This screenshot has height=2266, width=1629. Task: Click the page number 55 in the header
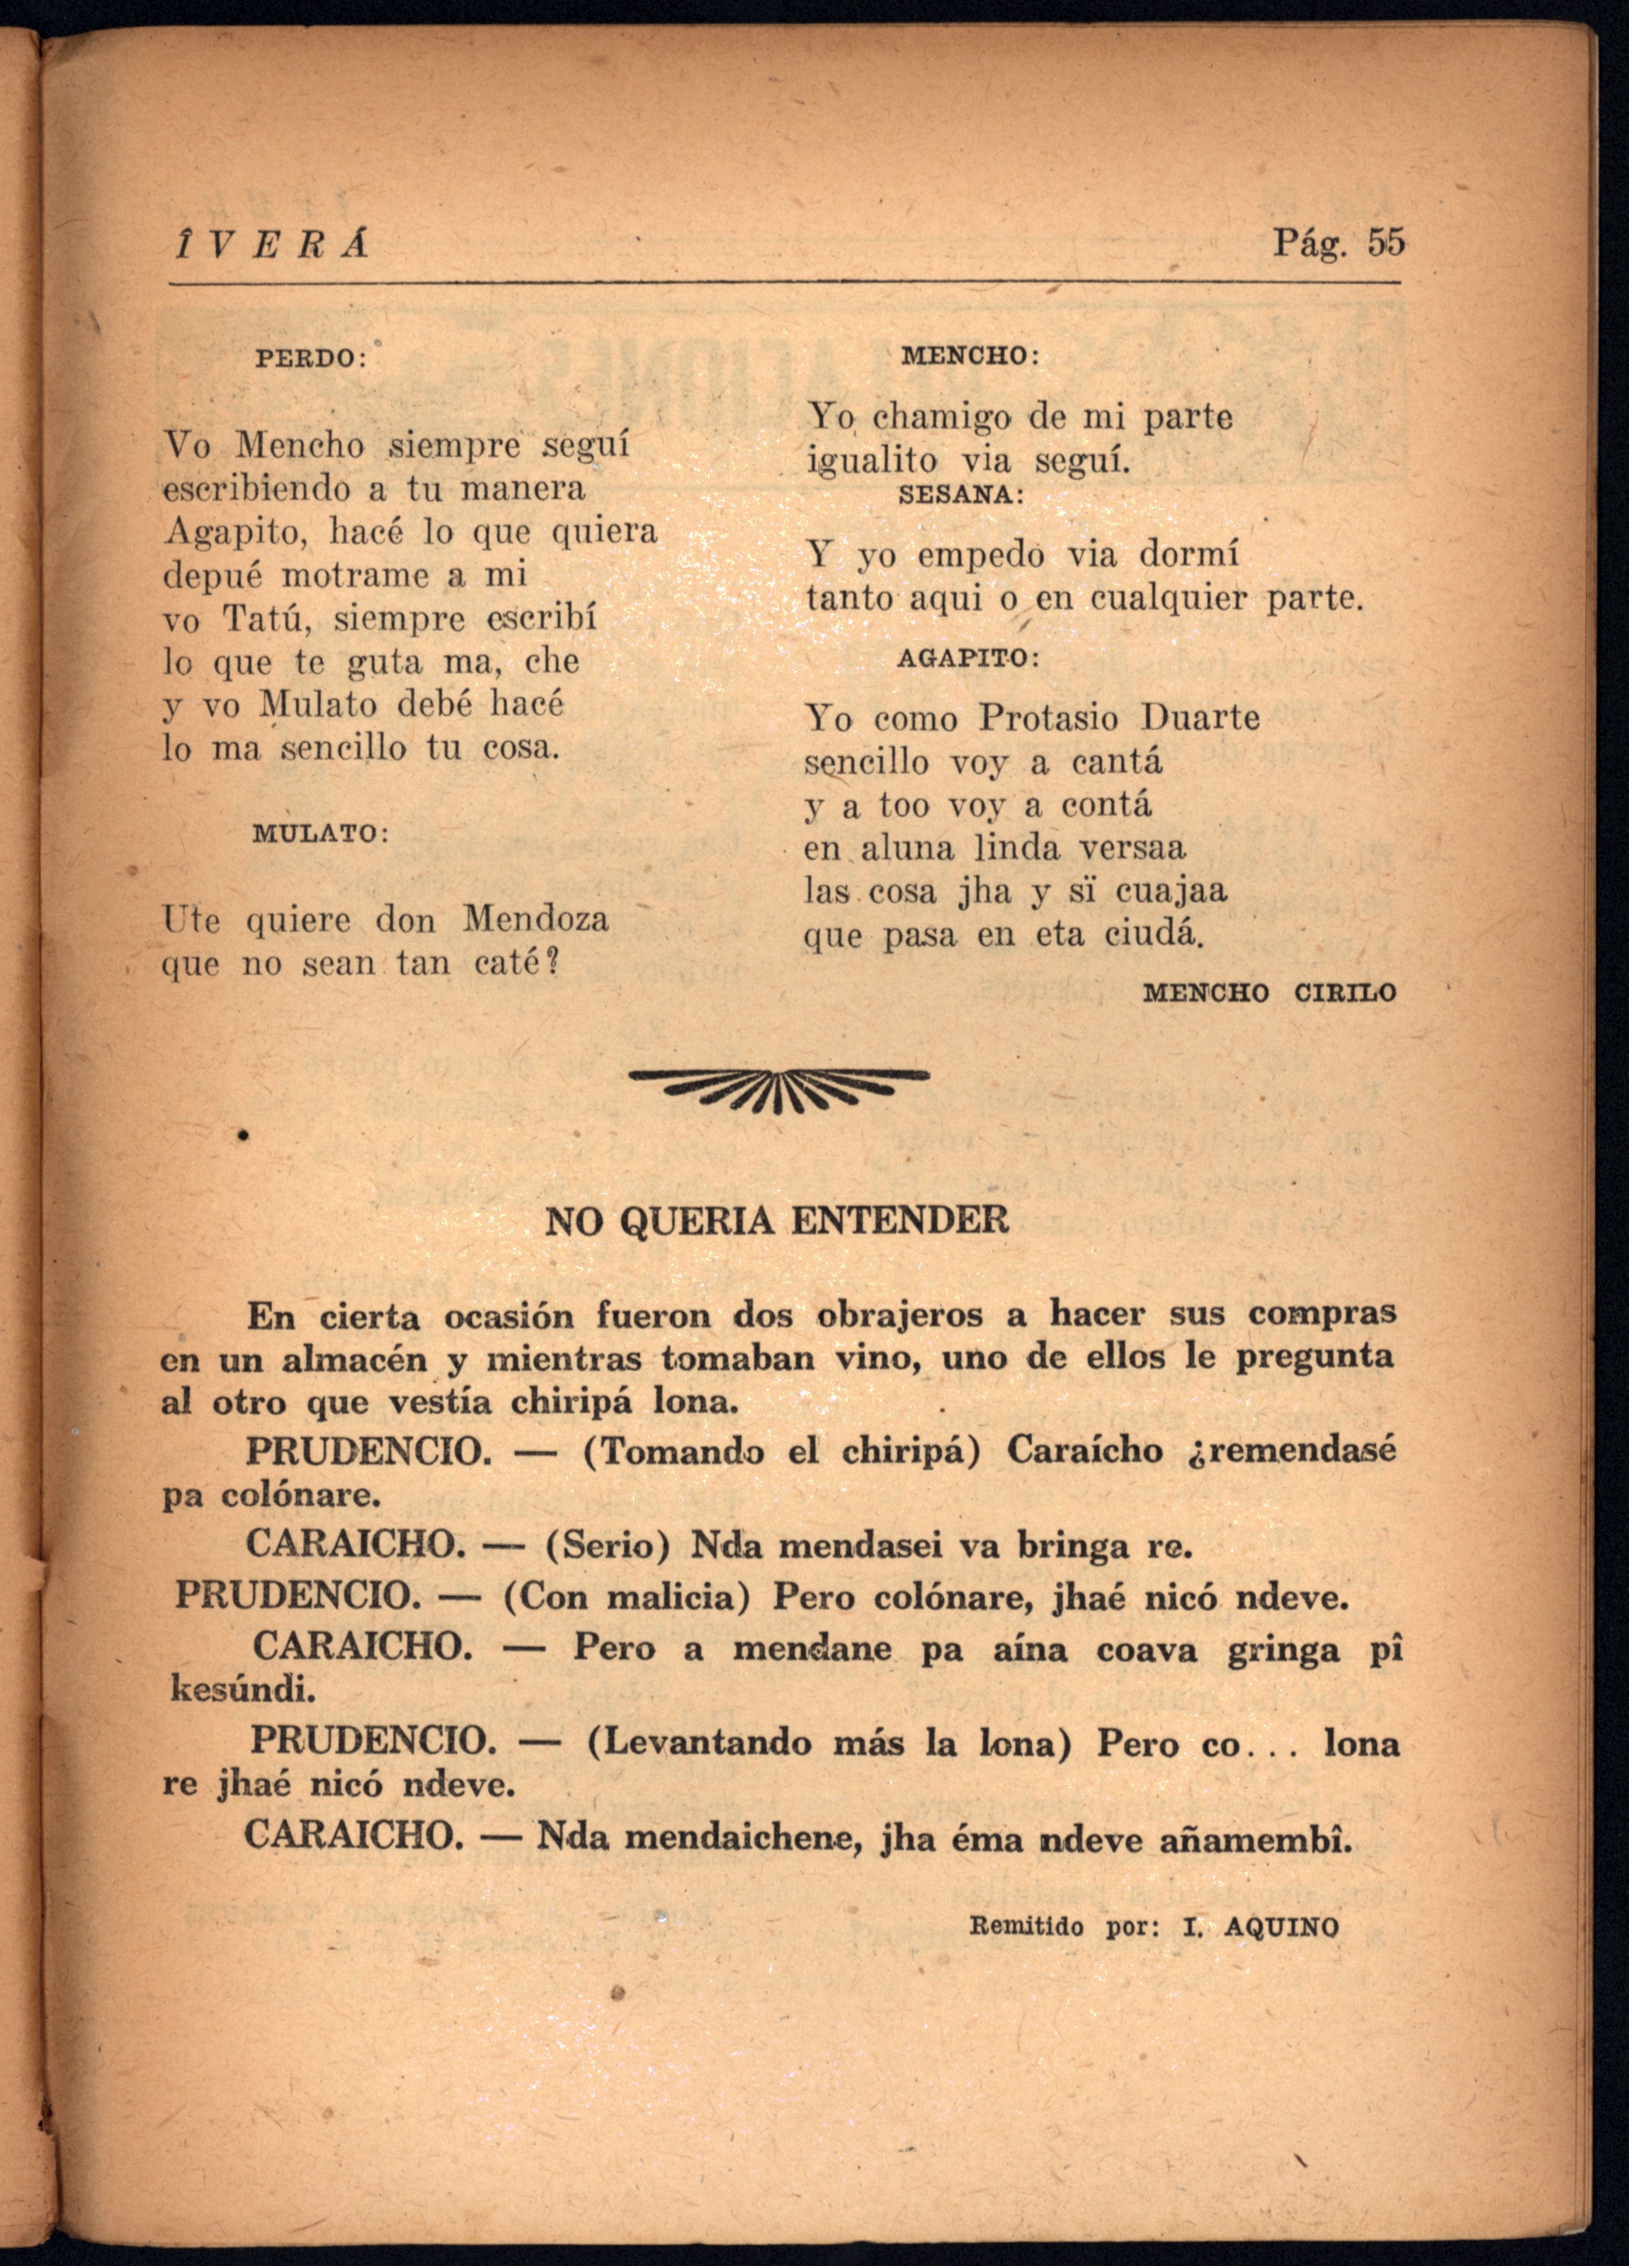click(x=1386, y=243)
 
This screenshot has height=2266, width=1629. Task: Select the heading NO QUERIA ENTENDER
click(x=776, y=1221)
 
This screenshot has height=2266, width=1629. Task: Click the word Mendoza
click(x=535, y=919)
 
